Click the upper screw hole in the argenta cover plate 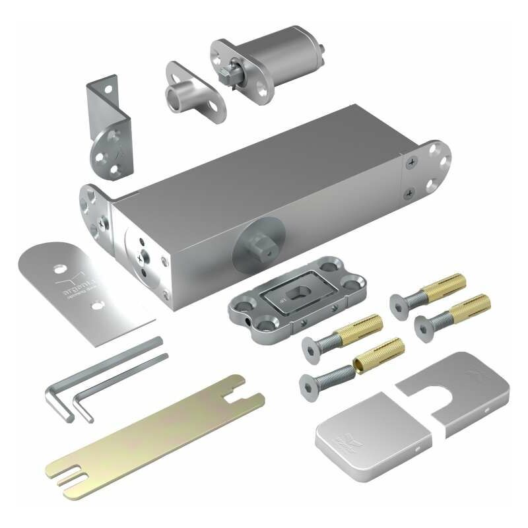point(59,269)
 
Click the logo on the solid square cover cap point(350,438)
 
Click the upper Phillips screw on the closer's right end point(412,160)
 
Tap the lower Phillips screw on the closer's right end point(411,193)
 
